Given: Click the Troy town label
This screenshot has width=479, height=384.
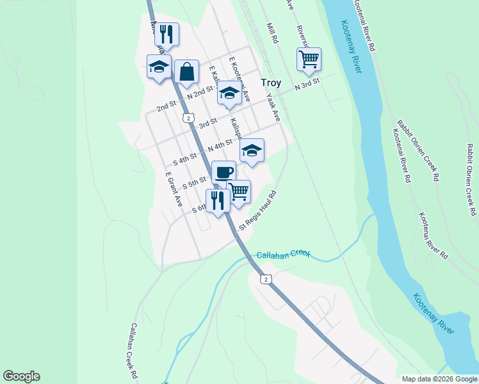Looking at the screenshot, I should [x=272, y=83].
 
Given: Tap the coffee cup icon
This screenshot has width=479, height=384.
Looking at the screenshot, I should [x=223, y=172].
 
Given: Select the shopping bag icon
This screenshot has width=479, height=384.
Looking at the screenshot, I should [x=186, y=73].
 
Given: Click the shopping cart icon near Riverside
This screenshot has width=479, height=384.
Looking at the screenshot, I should [x=309, y=59].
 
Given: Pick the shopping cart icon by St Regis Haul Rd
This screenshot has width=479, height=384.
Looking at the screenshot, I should [x=239, y=191].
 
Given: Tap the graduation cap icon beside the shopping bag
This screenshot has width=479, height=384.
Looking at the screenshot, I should [x=158, y=66].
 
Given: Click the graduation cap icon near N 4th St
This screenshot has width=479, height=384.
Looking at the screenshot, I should [x=252, y=150].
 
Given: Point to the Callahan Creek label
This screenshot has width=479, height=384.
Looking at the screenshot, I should [x=283, y=255].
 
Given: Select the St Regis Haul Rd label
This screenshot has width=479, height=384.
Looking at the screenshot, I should [x=257, y=211].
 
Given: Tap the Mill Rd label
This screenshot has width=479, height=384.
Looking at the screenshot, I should [x=273, y=34].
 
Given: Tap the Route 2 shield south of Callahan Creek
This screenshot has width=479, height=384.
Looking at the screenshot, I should [x=266, y=279].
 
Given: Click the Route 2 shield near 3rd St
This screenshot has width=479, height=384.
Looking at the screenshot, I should [x=187, y=118].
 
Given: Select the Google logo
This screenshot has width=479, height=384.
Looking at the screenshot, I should [x=21, y=376].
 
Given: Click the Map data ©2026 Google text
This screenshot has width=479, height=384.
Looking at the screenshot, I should [x=439, y=378].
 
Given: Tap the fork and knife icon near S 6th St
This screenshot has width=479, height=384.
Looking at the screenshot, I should [x=218, y=200].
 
